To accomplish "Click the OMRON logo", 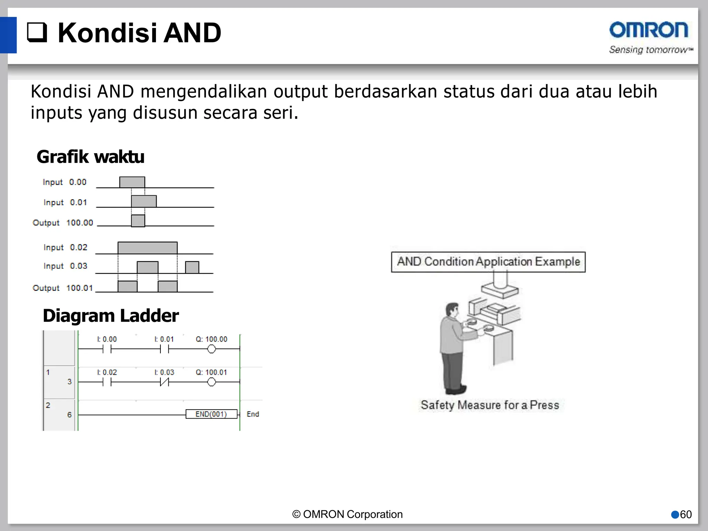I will click(x=649, y=30).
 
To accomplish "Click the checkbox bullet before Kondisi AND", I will click(x=37, y=32).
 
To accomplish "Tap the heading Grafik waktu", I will click(x=90, y=157).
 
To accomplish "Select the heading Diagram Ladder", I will click(x=111, y=316).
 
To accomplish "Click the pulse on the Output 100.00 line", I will click(x=138, y=221).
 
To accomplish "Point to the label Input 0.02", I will click(x=65, y=247).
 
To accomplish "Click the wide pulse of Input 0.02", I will click(x=148, y=248).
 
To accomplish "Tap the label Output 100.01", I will click(x=63, y=288).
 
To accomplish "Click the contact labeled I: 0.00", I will click(x=107, y=349).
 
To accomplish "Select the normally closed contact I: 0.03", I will click(x=164, y=382).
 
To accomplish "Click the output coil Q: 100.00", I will click(x=211, y=349).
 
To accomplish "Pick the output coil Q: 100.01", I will click(x=211, y=382).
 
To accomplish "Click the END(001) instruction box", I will click(x=211, y=414).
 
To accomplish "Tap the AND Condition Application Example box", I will click(x=488, y=262).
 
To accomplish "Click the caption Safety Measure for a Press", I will click(x=490, y=405).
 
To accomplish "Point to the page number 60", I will click(x=686, y=514).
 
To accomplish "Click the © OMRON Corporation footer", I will click(x=347, y=514).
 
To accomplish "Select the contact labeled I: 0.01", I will click(x=164, y=349).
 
